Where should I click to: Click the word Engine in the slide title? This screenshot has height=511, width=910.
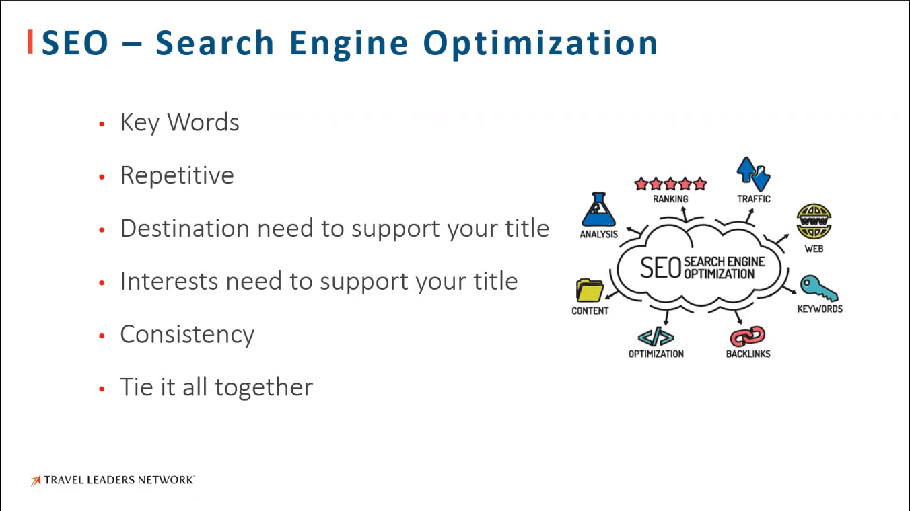349,44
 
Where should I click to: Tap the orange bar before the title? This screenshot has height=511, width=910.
30,42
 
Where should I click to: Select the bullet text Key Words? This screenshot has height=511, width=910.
180,122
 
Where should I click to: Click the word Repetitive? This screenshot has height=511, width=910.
177,175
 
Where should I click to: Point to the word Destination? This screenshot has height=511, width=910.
185,228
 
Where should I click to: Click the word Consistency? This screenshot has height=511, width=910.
187,335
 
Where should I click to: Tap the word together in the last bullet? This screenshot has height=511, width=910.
264,387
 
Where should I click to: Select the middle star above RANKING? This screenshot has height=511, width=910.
670,184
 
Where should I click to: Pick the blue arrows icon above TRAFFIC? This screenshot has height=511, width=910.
754,173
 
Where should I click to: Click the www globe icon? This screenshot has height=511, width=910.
814,222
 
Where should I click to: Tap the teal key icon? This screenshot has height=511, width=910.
818,288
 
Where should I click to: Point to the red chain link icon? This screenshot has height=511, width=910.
748,336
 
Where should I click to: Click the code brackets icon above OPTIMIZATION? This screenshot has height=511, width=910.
656,337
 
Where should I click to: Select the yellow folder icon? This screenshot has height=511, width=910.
590,290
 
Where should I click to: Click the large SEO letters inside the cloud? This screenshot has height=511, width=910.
660,268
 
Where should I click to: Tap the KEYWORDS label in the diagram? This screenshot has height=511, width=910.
820,309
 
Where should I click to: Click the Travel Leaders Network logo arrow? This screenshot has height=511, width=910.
36,481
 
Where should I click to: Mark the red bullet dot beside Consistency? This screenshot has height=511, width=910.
102,336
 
